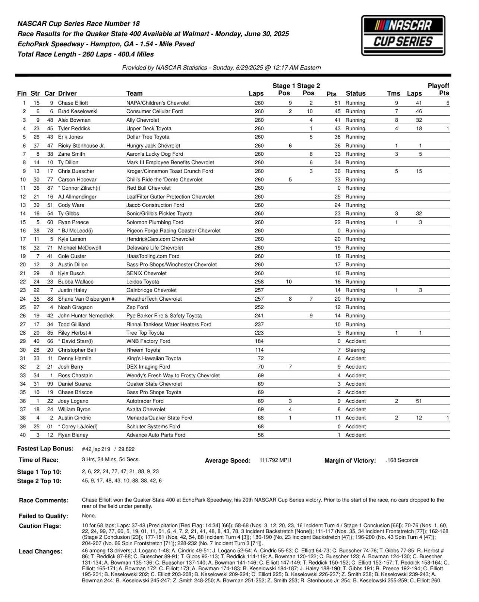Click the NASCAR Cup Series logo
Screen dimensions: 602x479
[x=403, y=35]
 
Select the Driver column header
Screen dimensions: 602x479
[x=67, y=93]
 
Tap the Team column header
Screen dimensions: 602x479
[x=134, y=93]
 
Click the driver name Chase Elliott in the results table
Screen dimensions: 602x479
[x=73, y=103]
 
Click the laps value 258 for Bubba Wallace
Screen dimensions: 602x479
[x=259, y=282]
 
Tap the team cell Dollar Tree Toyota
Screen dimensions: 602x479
[x=148, y=137]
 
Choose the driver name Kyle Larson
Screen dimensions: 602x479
[x=72, y=239]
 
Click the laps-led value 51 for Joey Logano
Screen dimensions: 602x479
[x=419, y=401]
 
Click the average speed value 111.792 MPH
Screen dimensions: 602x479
[x=275, y=460]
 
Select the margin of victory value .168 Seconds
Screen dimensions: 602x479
[x=402, y=460]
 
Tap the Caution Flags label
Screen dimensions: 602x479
[x=40, y=526]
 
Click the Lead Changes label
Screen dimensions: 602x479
[x=41, y=552]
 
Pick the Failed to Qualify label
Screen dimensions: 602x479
[x=43, y=516]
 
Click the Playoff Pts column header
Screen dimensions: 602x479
[x=438, y=90]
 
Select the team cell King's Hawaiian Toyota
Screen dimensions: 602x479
[x=154, y=359]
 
